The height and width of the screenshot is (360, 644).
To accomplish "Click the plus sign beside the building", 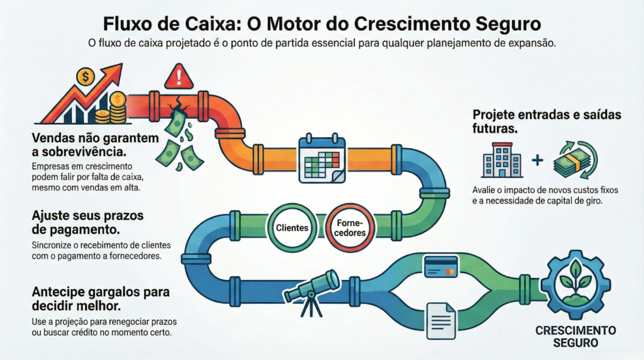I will [537, 160].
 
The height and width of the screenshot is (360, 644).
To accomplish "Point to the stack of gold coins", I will [116, 108].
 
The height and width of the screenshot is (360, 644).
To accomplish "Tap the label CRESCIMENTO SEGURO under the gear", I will [575, 337].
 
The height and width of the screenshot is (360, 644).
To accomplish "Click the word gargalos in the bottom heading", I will [121, 294].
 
